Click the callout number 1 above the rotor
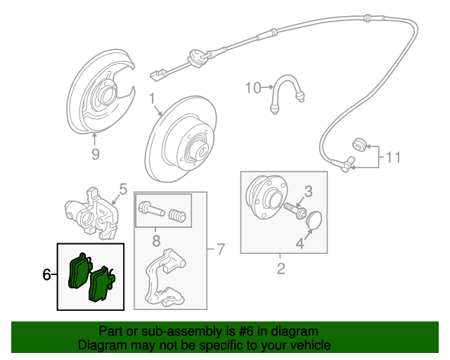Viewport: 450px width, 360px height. [151, 98]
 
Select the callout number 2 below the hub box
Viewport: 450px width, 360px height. [281, 268]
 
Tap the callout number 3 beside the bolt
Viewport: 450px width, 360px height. [307, 191]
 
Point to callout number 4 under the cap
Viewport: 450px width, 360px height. [300, 244]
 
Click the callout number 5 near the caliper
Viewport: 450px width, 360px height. [122, 188]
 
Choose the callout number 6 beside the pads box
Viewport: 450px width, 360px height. [47, 275]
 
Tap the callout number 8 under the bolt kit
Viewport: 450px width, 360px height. [157, 240]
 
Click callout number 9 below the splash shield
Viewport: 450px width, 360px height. [96, 154]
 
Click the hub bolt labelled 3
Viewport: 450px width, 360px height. [293, 209]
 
